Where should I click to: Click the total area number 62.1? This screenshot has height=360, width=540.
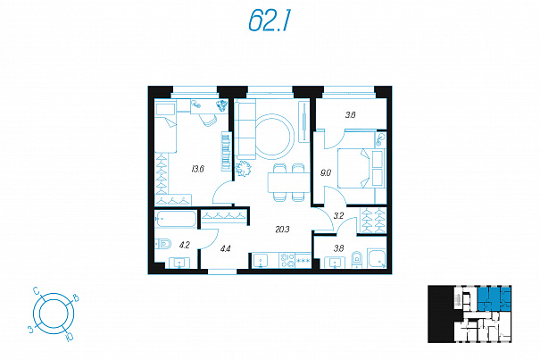270,21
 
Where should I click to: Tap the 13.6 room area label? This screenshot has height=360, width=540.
198,169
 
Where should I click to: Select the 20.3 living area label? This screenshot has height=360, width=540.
282,229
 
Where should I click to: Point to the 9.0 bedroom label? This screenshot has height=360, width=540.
326,172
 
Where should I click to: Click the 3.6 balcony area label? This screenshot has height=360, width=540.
350,115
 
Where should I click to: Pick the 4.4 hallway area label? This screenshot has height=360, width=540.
225,248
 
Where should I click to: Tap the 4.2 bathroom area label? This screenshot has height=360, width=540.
185,245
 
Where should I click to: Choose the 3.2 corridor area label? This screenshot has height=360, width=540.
338,216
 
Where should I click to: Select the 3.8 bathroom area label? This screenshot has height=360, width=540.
338,248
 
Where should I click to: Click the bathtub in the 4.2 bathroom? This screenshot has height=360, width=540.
176,219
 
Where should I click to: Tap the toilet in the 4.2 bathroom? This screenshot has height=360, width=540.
163,244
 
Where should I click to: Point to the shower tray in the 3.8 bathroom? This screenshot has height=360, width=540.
377,258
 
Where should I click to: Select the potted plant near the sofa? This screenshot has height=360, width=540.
244,169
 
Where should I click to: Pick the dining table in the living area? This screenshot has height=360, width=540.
289,182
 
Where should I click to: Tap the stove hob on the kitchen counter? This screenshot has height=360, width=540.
287,260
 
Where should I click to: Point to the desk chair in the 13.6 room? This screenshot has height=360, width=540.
208,119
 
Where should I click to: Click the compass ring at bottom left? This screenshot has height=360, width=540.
54,314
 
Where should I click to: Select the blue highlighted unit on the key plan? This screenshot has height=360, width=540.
494,298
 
